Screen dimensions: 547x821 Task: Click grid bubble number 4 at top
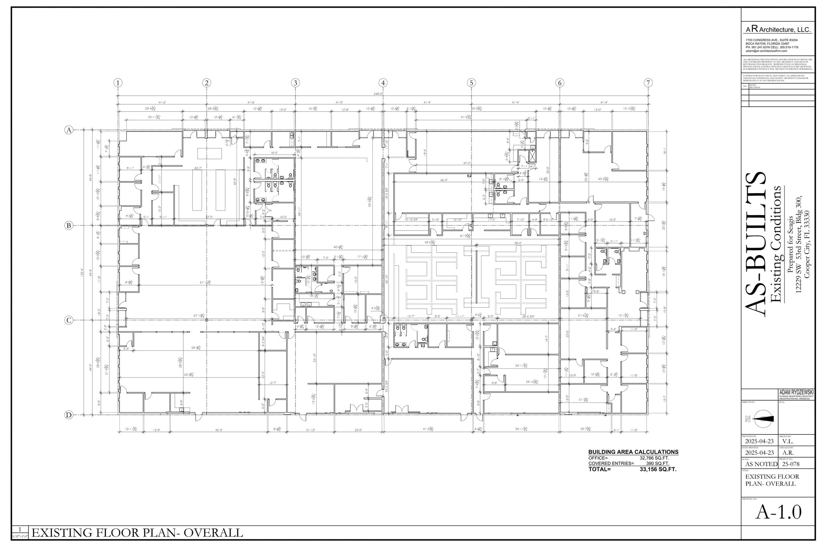tap(383, 83)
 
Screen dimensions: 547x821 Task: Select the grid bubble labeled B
tap(69, 226)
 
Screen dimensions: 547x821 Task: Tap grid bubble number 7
tap(648, 83)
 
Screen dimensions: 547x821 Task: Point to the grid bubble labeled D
tap(69, 415)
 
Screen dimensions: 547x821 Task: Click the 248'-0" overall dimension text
tap(378, 94)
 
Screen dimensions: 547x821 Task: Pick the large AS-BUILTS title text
tap(756, 244)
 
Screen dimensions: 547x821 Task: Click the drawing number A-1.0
tap(778, 512)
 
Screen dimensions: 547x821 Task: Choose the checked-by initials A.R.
tap(788, 453)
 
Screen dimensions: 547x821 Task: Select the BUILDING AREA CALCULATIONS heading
tap(633, 452)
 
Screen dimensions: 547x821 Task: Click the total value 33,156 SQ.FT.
tap(658, 469)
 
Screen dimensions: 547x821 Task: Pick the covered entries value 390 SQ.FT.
tap(657, 464)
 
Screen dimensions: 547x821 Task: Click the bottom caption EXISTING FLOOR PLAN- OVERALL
tap(137, 533)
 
